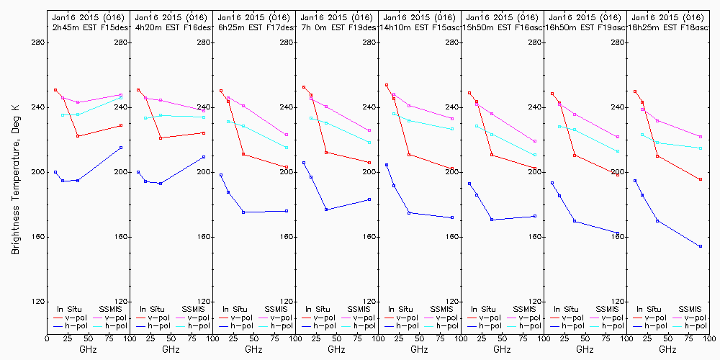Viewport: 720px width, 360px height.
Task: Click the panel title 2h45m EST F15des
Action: pos(89,27)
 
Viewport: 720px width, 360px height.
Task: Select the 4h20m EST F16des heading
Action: pos(171,27)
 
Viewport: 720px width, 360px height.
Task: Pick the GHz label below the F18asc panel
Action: pos(668,349)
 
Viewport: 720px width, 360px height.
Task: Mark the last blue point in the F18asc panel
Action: pos(700,246)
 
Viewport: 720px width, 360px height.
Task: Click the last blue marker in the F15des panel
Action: pos(121,148)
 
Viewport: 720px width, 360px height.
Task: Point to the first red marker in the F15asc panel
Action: pos(387,85)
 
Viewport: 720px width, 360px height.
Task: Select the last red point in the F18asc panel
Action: pos(700,179)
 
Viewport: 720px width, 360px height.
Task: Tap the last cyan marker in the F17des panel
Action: pos(287,148)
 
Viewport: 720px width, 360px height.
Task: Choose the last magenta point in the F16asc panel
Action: pos(535,141)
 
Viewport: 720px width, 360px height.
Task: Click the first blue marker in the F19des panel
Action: pos(304,163)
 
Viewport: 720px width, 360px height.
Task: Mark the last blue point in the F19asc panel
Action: pos(618,233)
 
